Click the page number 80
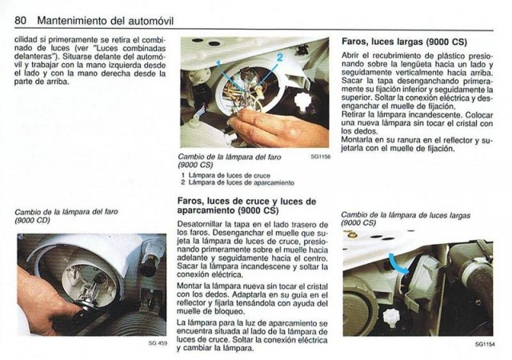[x=20, y=20]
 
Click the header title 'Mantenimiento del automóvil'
[x=106, y=21]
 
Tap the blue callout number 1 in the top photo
[x=218, y=62]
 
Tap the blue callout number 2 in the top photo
[x=279, y=58]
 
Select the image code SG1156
[x=321, y=157]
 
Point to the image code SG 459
[x=158, y=343]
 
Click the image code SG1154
[x=486, y=344]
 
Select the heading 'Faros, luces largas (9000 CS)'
[x=404, y=42]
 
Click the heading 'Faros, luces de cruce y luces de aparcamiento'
[x=246, y=206]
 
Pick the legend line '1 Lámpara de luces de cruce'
[x=226, y=175]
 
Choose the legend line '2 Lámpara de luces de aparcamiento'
[x=238, y=182]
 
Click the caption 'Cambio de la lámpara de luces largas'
[x=406, y=215]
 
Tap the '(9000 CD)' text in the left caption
[x=32, y=221]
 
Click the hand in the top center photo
[x=278, y=128]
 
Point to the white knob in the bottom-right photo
[x=391, y=318]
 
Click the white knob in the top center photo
[x=303, y=100]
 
